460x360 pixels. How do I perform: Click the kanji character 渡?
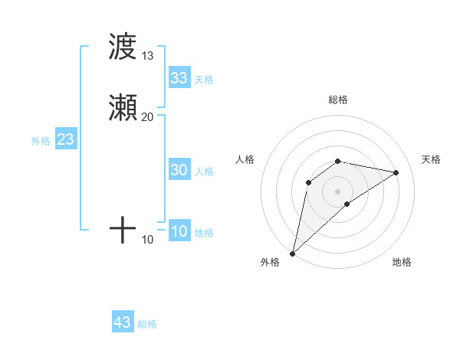122,47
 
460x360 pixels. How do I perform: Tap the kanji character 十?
123,230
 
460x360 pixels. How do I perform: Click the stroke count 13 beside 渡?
148,56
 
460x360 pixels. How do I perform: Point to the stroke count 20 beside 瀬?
148,116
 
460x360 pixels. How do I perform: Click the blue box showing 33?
179,78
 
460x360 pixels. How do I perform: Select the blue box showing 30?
179,171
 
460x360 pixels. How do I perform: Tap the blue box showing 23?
65,140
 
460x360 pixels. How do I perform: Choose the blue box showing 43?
123,322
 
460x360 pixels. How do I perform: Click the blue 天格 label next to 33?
204,80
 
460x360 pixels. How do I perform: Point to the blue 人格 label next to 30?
204,172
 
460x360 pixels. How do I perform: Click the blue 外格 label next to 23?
41,141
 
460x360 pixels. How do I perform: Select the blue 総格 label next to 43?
147,324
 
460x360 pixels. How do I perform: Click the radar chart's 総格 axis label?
338,100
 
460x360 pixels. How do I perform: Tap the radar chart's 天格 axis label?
431,159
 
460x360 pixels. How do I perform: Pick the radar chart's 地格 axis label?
402,262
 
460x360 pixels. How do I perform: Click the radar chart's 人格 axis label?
245,159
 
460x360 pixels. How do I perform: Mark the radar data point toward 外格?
292,253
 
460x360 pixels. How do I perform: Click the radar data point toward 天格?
396,172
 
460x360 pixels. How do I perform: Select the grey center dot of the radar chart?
338,191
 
